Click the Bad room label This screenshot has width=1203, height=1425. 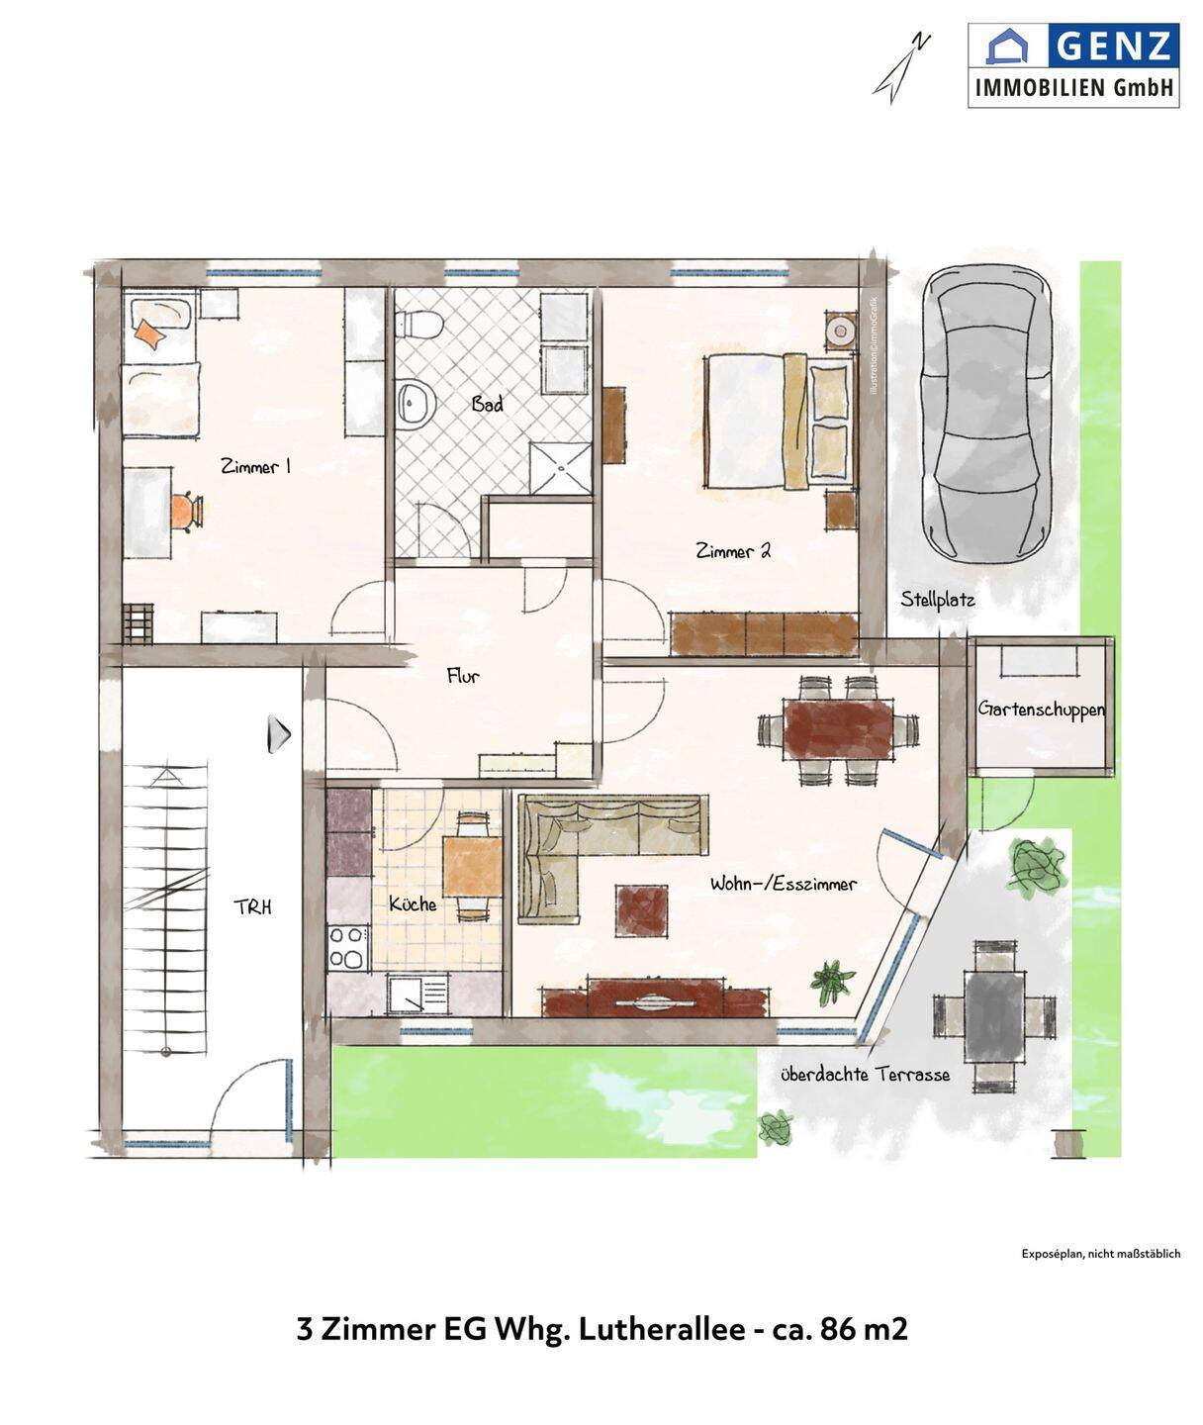coord(487,404)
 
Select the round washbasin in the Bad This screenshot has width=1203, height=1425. coord(416,403)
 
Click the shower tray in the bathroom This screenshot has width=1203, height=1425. coord(561,468)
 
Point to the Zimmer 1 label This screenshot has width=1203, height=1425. coord(256,467)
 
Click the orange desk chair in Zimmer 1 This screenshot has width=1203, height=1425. coord(187,512)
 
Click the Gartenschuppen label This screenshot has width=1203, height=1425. coord(1042,710)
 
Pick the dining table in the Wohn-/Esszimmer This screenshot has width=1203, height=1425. coord(839,729)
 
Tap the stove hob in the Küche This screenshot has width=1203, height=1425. coord(347,947)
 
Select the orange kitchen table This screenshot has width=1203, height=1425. coord(473,866)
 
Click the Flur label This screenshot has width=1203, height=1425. coord(463,676)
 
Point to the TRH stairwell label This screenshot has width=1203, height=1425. coord(252,907)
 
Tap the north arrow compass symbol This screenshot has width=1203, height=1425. coord(901,68)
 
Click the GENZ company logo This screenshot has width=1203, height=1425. coord(1073,65)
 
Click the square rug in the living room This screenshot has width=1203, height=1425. coord(641,910)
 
